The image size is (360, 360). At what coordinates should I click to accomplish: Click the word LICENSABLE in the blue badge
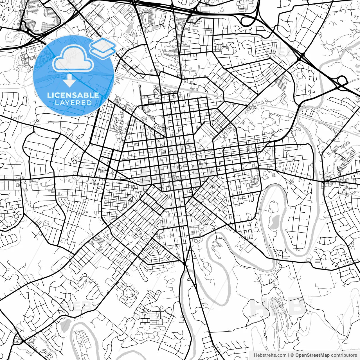pyautogui.click(x=73, y=95)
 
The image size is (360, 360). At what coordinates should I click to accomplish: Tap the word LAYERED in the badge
pyautogui.click(x=73, y=103)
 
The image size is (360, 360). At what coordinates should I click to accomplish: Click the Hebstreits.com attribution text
pyautogui.click(x=270, y=355)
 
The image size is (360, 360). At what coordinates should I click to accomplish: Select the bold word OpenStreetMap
pyautogui.click(x=312, y=355)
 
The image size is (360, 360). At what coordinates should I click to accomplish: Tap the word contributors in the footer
pyautogui.click(x=344, y=355)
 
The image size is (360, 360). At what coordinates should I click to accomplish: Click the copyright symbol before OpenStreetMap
pyautogui.click(x=292, y=355)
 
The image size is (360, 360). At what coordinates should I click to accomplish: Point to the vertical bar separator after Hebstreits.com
pyautogui.click(x=289, y=355)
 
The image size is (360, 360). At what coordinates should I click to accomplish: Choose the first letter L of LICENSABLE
pyautogui.click(x=49, y=95)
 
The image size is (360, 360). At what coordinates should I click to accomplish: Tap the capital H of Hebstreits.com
pyautogui.click(x=255, y=355)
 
